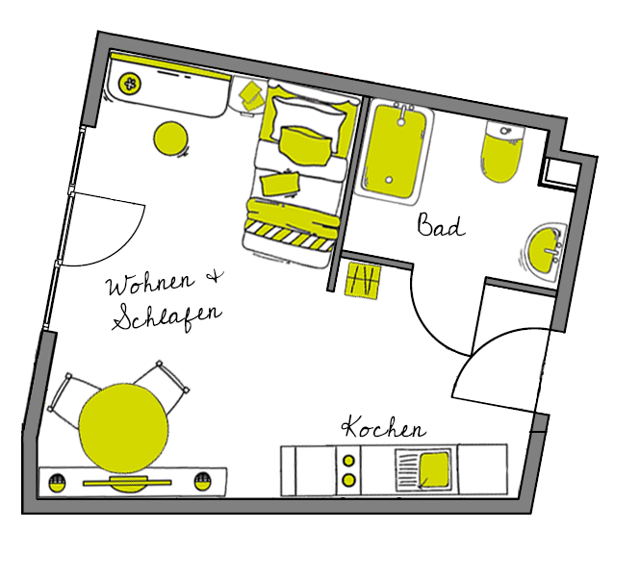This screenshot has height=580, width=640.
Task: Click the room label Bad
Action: [x=441, y=225]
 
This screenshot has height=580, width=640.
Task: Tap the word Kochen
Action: [x=384, y=427]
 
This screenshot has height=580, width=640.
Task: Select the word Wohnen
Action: [x=150, y=283]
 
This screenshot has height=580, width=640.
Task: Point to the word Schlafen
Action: [x=167, y=316]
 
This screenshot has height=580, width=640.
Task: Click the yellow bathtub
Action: [x=395, y=150]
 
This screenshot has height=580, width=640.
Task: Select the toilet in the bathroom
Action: [x=502, y=150]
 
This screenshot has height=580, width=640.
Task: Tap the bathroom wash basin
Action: [x=545, y=250]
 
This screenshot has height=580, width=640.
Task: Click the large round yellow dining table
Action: [x=123, y=428]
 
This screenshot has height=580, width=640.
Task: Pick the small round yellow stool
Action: [x=171, y=139]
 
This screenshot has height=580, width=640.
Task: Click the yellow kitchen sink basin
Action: [x=434, y=469]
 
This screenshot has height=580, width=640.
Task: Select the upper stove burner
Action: [x=348, y=461]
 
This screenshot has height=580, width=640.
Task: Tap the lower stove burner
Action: [x=348, y=480]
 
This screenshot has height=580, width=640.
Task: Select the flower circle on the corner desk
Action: [x=130, y=84]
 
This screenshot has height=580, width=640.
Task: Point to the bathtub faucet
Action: [x=403, y=113]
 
